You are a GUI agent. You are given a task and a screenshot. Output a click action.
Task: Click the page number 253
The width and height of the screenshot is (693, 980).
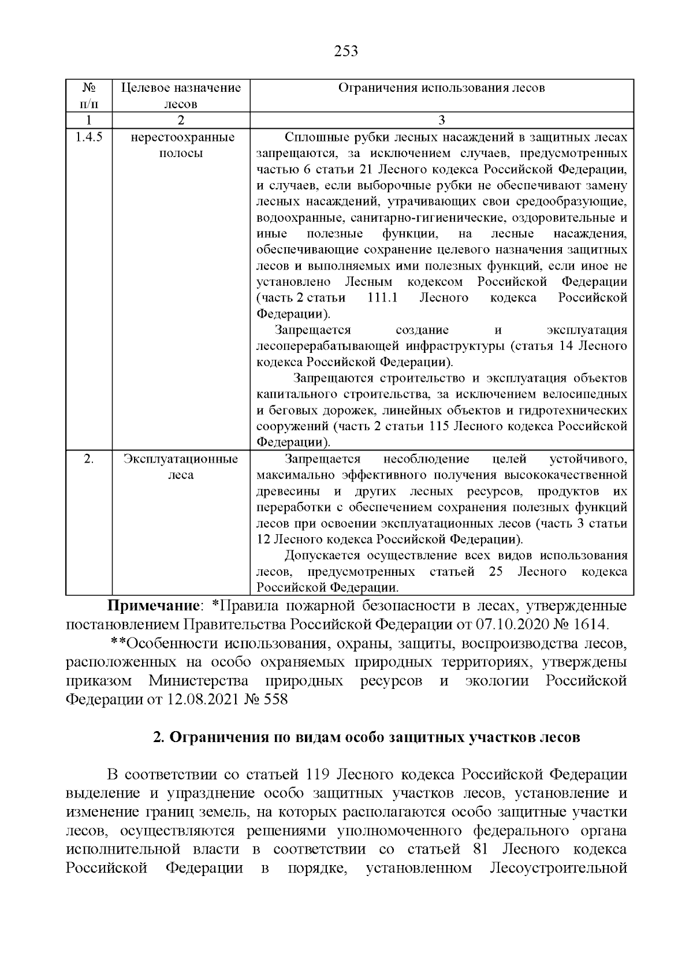pos(346,51)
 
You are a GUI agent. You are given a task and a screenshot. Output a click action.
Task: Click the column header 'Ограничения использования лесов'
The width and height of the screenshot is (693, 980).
pos(441,88)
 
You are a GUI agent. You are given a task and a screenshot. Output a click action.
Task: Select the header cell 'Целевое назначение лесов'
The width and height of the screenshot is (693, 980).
pos(180,96)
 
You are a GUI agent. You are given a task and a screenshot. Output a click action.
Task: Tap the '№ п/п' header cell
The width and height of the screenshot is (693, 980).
pos(88,96)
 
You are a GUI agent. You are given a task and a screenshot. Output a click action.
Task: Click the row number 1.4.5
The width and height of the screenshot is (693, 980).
pos(88,137)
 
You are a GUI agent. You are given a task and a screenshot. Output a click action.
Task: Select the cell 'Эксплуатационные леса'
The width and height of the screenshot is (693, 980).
pos(180,467)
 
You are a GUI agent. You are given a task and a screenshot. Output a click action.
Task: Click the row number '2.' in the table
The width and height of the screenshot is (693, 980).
pos(88,459)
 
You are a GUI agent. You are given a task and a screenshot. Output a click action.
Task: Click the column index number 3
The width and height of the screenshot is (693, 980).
pos(441,120)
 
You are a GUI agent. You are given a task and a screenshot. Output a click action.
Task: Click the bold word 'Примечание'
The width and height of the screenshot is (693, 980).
pos(152,607)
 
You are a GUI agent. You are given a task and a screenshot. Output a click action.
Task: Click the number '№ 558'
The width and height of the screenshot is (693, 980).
pos(267,699)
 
